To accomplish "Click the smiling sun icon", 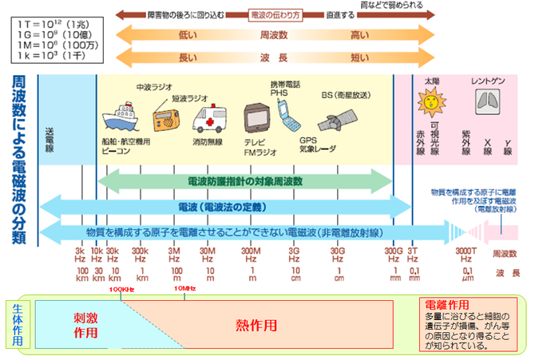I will [432, 101].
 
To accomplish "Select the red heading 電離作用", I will [447, 305].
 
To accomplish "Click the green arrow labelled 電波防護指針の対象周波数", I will [244, 182].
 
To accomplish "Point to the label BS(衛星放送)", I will [345, 95].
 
